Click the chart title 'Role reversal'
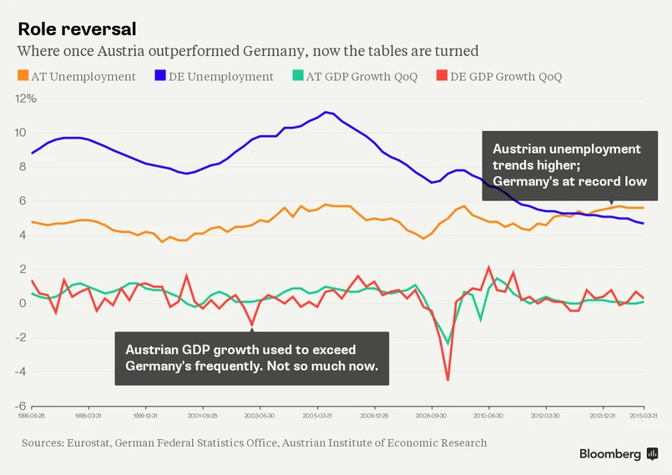[x=77, y=28]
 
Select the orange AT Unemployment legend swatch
[x=23, y=76]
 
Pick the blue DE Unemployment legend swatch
[x=160, y=76]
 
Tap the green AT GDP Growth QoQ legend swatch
[x=298, y=76]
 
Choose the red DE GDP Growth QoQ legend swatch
[x=442, y=76]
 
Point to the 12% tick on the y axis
[x=27, y=99]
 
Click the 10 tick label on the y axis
[x=21, y=133]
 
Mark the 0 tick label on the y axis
[x=23, y=303]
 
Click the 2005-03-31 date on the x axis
[x=318, y=414]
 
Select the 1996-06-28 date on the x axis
[x=33, y=414]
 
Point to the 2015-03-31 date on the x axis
[x=643, y=414]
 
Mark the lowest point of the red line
[x=448, y=380]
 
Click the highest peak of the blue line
[x=326, y=112]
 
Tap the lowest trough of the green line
[x=448, y=343]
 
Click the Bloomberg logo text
[x=611, y=453]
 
